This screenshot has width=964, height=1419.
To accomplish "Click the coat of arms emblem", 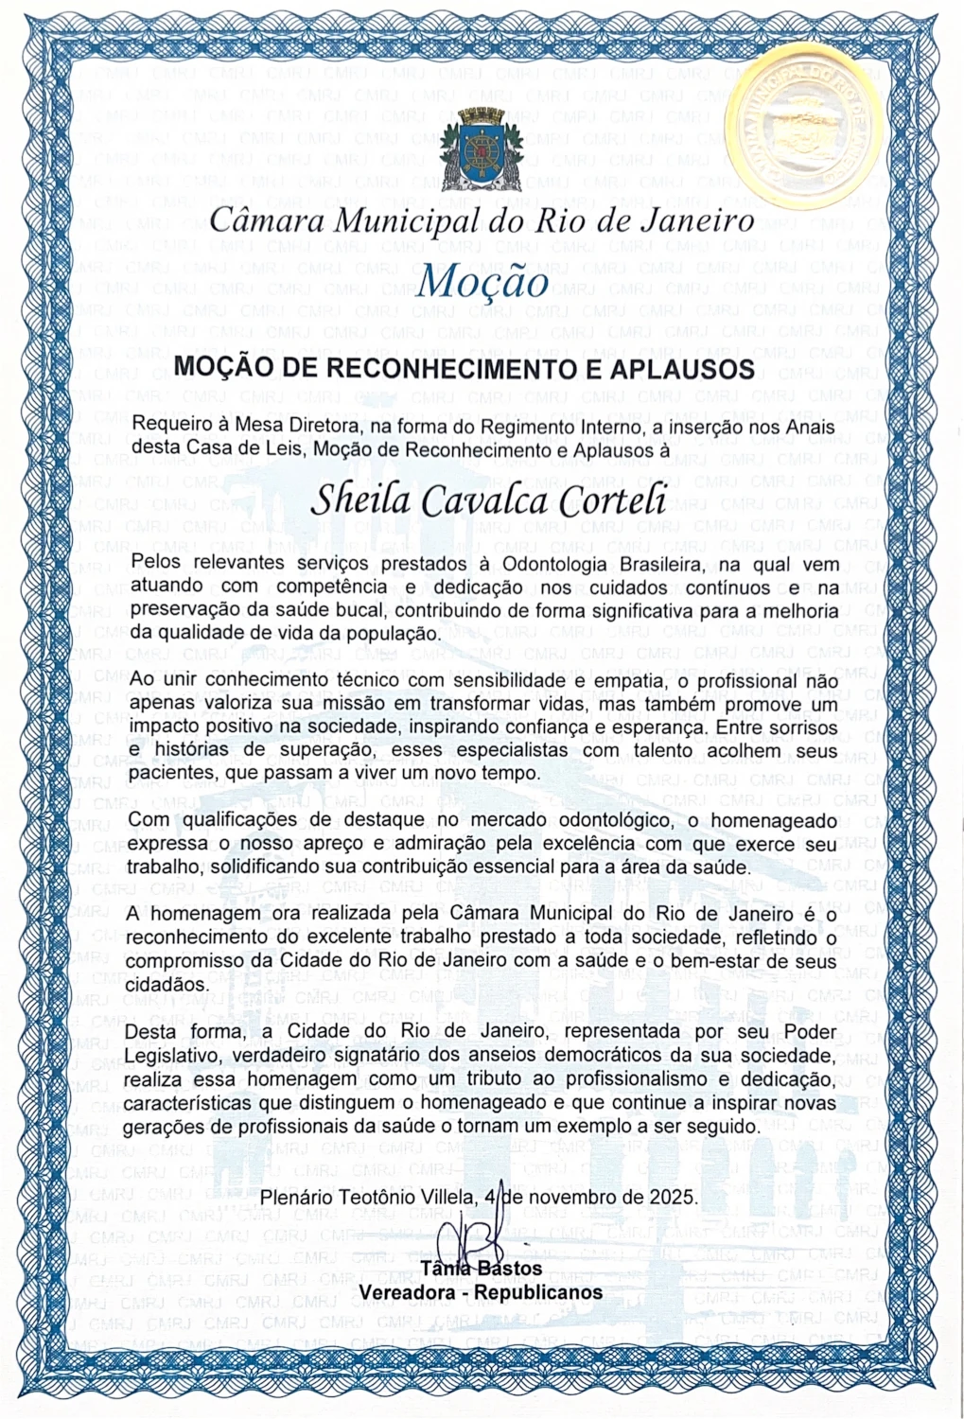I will click(482, 150).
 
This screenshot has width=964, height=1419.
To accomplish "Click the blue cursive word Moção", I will click(482, 282).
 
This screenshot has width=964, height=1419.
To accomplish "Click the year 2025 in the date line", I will click(673, 1197).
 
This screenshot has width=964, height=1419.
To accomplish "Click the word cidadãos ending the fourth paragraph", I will click(167, 984).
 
